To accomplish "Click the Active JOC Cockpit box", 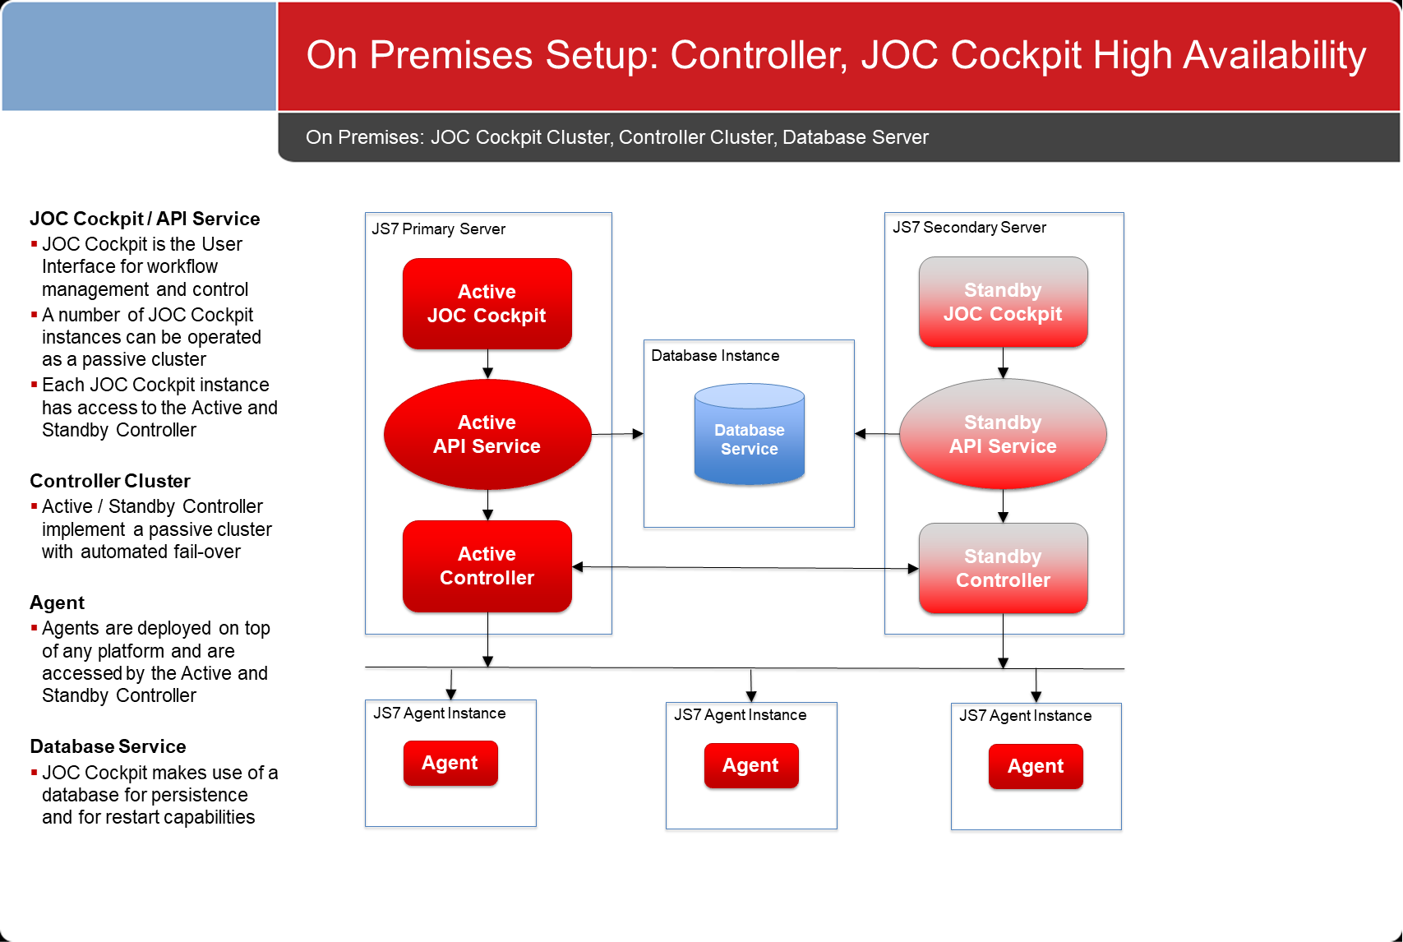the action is coord(487,304).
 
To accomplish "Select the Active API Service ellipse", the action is coord(487,434).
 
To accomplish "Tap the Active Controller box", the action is coord(487,566).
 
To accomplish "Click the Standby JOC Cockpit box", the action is coord(1003,302).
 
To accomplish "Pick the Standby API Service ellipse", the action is coord(1003,433).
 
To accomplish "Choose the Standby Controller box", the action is coord(1003,568).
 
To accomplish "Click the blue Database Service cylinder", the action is coord(749,434).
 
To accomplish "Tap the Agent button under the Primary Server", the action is coord(450,763).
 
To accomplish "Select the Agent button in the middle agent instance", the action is coord(751,765).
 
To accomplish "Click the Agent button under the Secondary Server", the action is coord(1036,766).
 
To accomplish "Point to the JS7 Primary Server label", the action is coord(438,229).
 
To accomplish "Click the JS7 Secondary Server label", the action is coord(969,228).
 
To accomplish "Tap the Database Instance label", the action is coord(715,356).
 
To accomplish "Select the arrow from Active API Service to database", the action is coord(617,433).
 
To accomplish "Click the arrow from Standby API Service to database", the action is coord(877,433).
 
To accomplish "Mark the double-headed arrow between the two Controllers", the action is coord(745,567).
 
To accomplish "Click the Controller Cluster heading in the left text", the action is coord(109,481).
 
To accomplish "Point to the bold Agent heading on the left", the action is coord(57,603).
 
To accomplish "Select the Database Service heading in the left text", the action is coord(108,746).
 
